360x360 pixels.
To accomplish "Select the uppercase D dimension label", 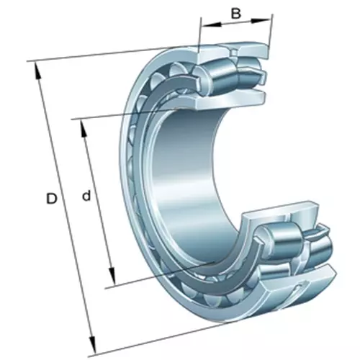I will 52,197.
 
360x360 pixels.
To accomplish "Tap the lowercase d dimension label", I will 86,196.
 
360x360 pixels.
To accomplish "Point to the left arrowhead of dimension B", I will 204,26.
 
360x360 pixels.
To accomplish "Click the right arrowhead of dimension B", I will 270,16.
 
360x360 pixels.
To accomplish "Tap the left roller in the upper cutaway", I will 214,72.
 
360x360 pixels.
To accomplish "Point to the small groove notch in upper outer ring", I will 232,55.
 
